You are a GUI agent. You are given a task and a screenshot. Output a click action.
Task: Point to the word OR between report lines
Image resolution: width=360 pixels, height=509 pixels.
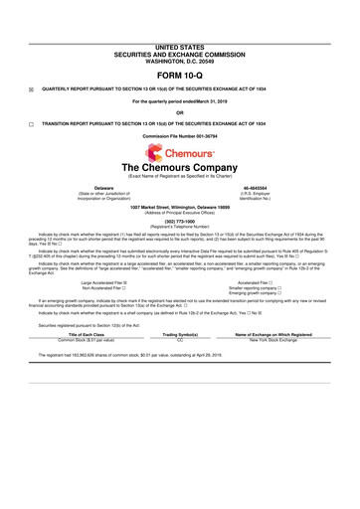point(179,110)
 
